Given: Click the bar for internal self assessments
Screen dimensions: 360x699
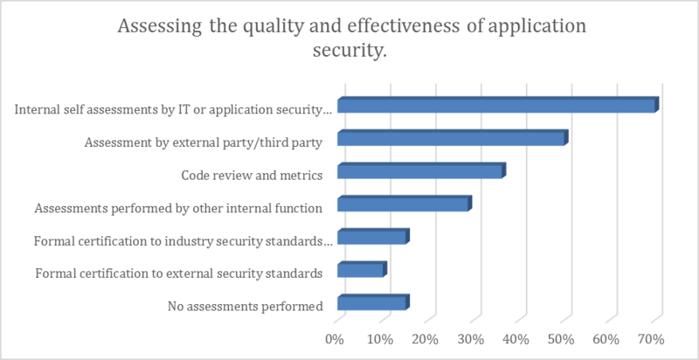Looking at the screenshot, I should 496,107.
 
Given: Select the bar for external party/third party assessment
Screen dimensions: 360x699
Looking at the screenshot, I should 452,139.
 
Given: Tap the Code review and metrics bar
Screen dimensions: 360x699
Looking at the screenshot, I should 420,172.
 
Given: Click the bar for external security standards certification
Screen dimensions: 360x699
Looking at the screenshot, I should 360,271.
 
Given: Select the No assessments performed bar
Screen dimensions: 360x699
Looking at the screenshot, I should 371,304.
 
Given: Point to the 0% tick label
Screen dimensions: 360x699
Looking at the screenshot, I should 335,338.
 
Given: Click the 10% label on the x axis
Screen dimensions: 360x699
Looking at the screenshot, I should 379,338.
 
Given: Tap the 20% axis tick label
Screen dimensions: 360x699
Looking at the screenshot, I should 425,338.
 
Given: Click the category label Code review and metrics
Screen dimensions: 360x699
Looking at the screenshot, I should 252,175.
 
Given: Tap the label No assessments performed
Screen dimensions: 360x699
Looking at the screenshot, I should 245,306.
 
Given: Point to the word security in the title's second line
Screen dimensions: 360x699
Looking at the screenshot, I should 349,52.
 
